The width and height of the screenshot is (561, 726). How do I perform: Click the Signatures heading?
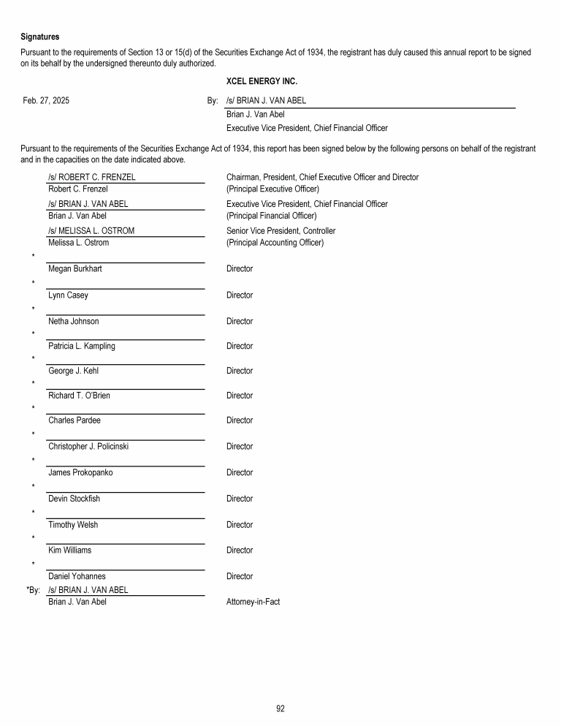coord(40,37)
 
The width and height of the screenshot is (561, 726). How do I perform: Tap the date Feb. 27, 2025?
coord(46,101)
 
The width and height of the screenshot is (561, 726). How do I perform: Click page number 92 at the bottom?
coord(280,707)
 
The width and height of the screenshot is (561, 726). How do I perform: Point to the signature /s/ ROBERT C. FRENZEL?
coord(91,177)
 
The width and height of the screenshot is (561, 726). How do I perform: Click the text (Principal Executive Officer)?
coord(272,189)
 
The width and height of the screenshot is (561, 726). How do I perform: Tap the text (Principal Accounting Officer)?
coord(275,243)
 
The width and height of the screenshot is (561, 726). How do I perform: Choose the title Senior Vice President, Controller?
coord(281,231)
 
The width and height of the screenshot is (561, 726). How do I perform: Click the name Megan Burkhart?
coord(75,269)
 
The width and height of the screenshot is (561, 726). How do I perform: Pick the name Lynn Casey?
coord(68,295)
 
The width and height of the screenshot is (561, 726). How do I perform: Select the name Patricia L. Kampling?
coord(82,346)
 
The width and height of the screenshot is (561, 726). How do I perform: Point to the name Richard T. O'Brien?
coord(79,396)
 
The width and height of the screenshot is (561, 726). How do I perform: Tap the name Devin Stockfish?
coord(74,499)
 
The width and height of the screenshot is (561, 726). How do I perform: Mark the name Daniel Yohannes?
coord(77,576)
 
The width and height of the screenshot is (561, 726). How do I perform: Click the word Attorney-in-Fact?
coord(253,602)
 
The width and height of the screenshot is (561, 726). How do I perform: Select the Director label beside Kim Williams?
coord(240,550)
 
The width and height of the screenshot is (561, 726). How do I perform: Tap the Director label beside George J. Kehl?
coord(240,371)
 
